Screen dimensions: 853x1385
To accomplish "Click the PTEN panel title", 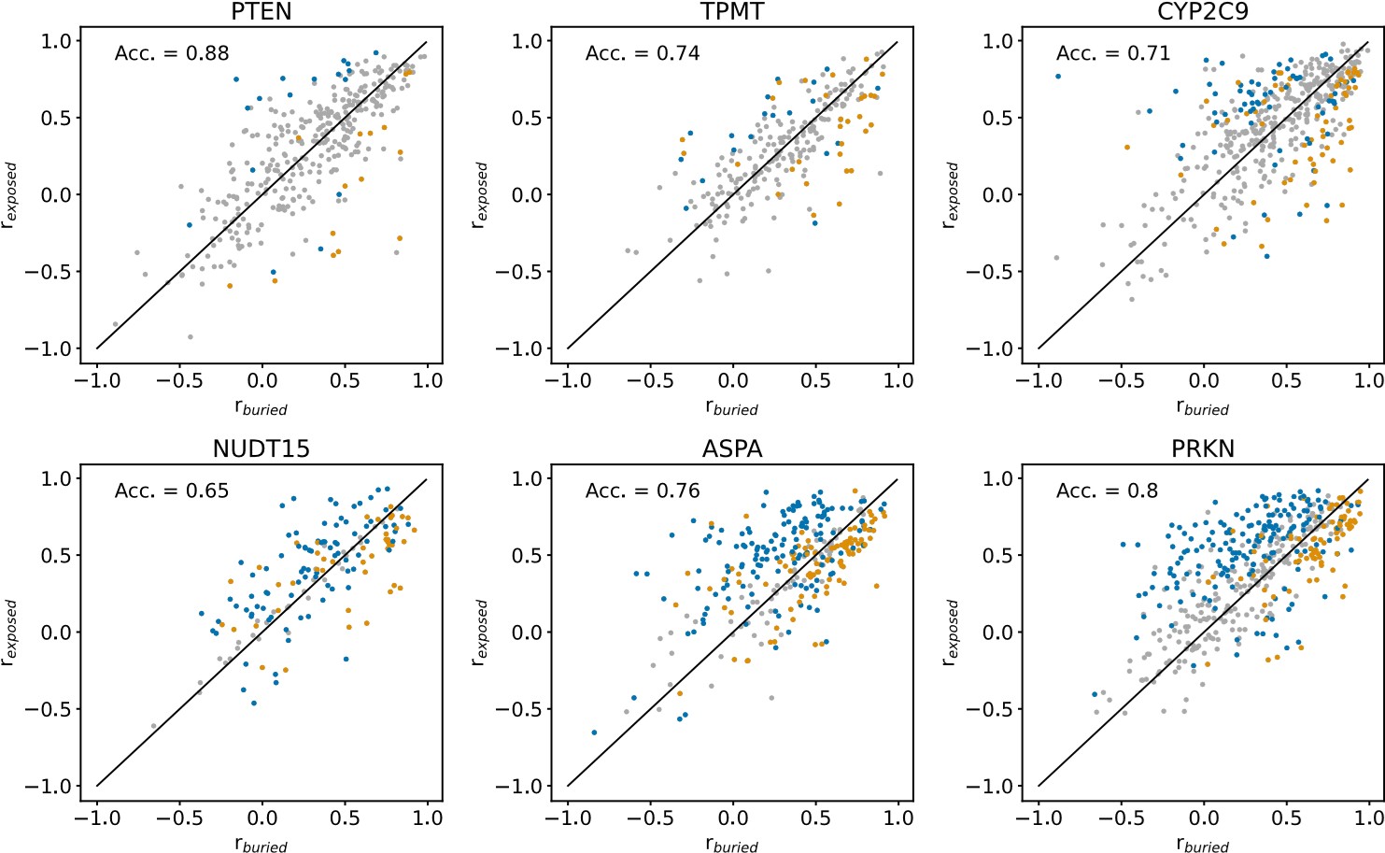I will click(261, 11).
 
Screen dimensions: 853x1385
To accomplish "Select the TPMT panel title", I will click(732, 11).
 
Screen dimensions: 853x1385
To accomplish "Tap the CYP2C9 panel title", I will click(1203, 11).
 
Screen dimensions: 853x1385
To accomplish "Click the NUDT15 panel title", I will click(261, 448).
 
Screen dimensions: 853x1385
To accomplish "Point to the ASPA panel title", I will click(732, 448).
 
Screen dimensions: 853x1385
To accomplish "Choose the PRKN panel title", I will click(1203, 448).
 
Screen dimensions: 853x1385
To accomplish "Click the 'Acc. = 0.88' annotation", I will click(172, 53).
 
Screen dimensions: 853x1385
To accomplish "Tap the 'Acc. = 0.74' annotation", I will click(643, 53).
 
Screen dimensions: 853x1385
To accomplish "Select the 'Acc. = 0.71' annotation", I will click(1113, 53).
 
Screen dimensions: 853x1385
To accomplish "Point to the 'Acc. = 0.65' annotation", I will click(172, 490).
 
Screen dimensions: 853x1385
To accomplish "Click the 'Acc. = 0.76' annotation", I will click(643, 490).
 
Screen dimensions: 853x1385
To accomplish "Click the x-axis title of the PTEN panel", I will click(261, 408).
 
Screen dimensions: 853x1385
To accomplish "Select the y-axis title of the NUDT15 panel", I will click(10, 633).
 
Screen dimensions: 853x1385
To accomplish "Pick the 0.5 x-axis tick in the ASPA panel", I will click(815, 817).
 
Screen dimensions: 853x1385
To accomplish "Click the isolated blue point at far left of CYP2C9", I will click(1058, 76).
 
